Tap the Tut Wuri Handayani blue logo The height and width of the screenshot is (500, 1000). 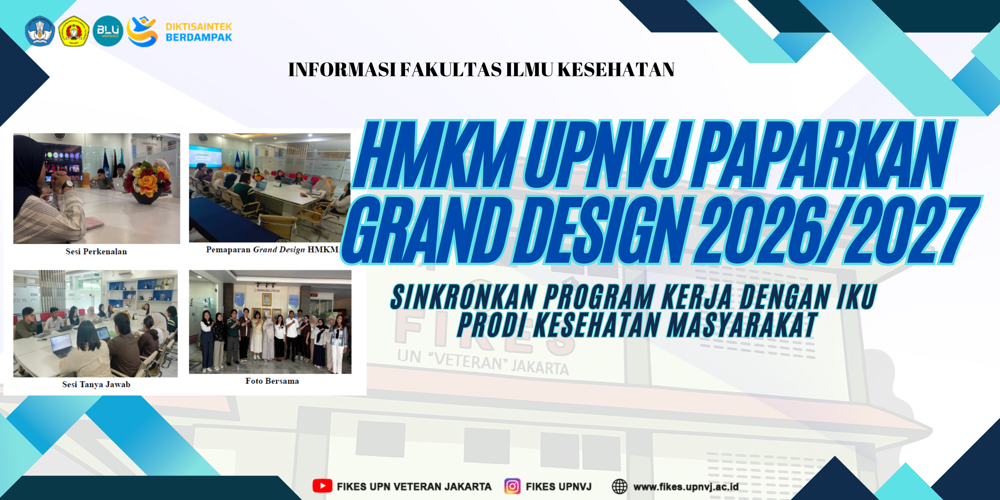click(40, 31)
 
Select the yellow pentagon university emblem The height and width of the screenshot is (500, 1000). click(74, 31)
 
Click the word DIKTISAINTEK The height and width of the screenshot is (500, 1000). click(199, 26)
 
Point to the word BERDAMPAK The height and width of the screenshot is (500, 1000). click(199, 37)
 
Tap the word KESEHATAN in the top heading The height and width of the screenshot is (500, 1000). click(616, 70)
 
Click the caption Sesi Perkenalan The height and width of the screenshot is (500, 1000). click(96, 252)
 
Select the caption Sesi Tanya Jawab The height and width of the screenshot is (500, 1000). click(96, 385)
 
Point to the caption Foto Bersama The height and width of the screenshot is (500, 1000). click(272, 381)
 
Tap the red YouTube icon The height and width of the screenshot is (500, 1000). click(322, 486)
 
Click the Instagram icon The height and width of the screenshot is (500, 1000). click(512, 486)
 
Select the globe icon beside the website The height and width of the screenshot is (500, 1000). click(620, 486)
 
